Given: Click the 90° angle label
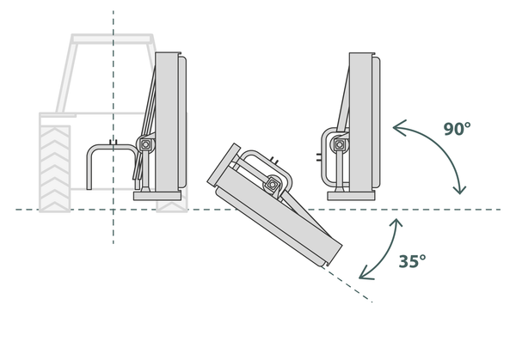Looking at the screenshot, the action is [458, 129].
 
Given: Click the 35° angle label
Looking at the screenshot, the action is [412, 261].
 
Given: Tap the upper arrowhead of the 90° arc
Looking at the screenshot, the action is [398, 127].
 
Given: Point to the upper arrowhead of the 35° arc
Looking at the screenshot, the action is [396, 223].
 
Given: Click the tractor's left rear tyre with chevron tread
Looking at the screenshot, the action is [55, 168].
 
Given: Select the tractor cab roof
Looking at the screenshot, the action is [112, 39].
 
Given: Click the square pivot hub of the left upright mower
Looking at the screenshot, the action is [145, 144].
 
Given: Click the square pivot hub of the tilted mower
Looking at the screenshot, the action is [273, 185].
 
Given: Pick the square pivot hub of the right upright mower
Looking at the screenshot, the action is [340, 144].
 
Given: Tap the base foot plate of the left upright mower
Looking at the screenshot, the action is [157, 196].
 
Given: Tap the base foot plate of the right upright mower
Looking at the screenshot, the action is [351, 196].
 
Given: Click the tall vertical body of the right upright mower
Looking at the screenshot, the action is [360, 122].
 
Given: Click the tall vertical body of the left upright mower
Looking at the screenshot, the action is [167, 122].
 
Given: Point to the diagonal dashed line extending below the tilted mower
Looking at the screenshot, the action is [347, 284].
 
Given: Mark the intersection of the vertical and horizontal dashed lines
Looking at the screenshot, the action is [114, 210].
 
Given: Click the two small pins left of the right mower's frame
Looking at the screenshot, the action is [318, 157].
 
